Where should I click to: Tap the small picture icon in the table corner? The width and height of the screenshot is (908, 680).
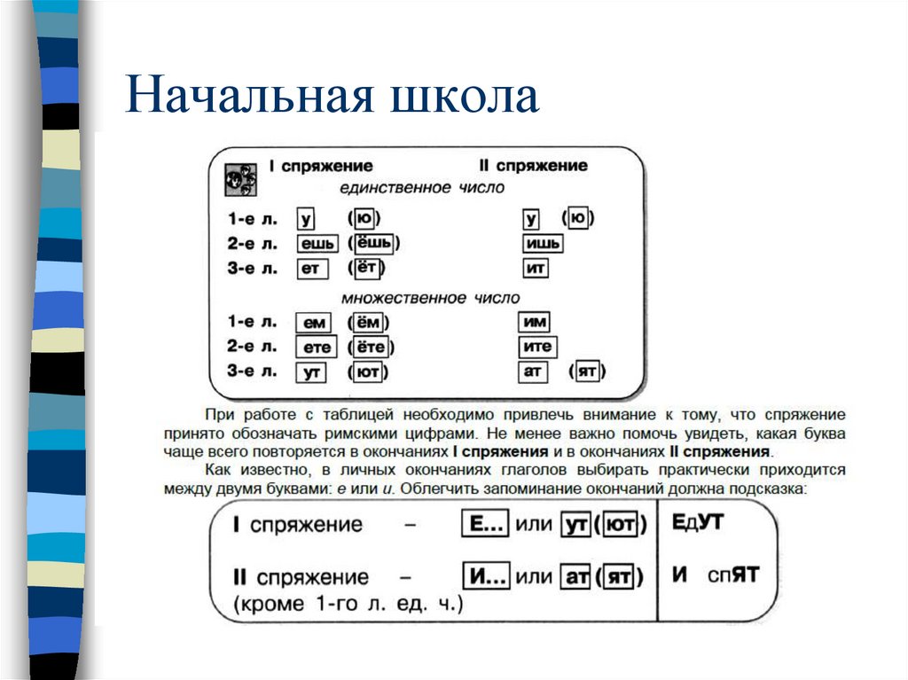pyautogui.click(x=240, y=178)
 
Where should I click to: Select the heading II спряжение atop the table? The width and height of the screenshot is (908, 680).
pyautogui.click(x=532, y=166)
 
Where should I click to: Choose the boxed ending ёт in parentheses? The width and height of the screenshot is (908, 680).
pyautogui.click(x=366, y=268)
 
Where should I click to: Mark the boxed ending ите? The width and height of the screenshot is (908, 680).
pyautogui.click(x=537, y=348)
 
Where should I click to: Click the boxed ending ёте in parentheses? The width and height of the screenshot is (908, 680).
pyautogui.click(x=372, y=348)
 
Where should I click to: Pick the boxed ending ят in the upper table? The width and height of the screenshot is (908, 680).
pyautogui.click(x=586, y=371)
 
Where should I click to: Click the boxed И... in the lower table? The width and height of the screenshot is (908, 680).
pyautogui.click(x=486, y=578)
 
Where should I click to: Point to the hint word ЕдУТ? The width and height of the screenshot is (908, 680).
pyautogui.click(x=698, y=522)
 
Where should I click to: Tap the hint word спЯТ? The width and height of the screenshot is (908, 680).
pyautogui.click(x=733, y=574)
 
